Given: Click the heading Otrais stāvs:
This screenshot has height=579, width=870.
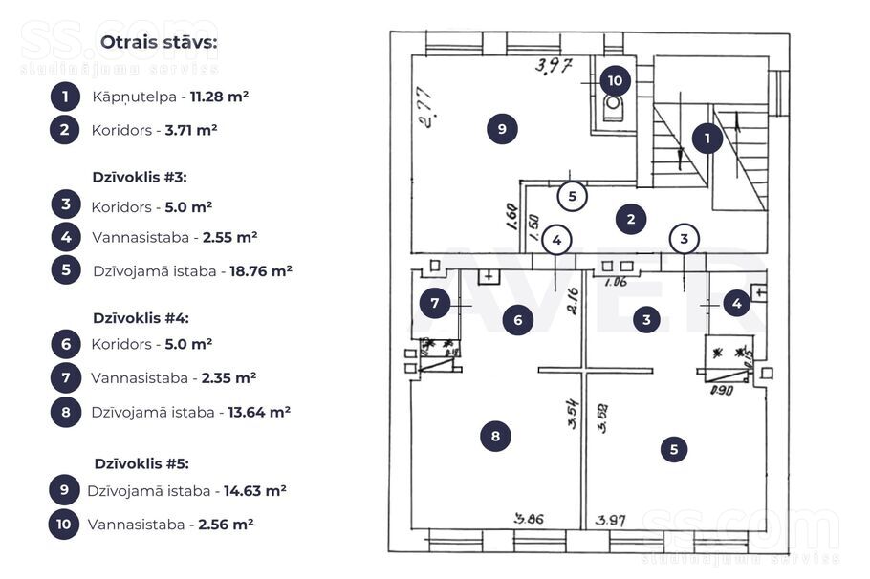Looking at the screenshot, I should [x=159, y=43].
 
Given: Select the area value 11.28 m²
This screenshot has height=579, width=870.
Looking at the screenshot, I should [x=220, y=96].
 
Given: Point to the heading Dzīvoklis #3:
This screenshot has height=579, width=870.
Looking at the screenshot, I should [x=140, y=177].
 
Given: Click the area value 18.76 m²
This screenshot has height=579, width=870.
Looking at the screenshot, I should [x=261, y=270].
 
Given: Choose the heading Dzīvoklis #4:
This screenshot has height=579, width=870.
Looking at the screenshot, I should [x=140, y=317].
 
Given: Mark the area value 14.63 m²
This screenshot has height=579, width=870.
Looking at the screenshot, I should [x=255, y=491].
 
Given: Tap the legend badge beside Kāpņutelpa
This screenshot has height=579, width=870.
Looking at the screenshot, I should [x=65, y=96].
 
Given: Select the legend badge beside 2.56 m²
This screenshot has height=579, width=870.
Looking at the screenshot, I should [x=64, y=524].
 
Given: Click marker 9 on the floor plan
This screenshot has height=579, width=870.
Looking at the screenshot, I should [x=502, y=128].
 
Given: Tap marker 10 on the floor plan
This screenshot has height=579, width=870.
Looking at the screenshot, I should [x=615, y=81].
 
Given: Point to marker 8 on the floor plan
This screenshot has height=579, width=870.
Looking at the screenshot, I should [x=495, y=437].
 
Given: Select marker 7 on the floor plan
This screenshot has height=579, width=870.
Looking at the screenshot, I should [x=434, y=304].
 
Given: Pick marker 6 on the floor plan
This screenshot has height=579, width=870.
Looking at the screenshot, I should [x=518, y=320].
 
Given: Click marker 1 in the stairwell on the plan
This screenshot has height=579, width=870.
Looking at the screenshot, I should [x=707, y=139].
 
